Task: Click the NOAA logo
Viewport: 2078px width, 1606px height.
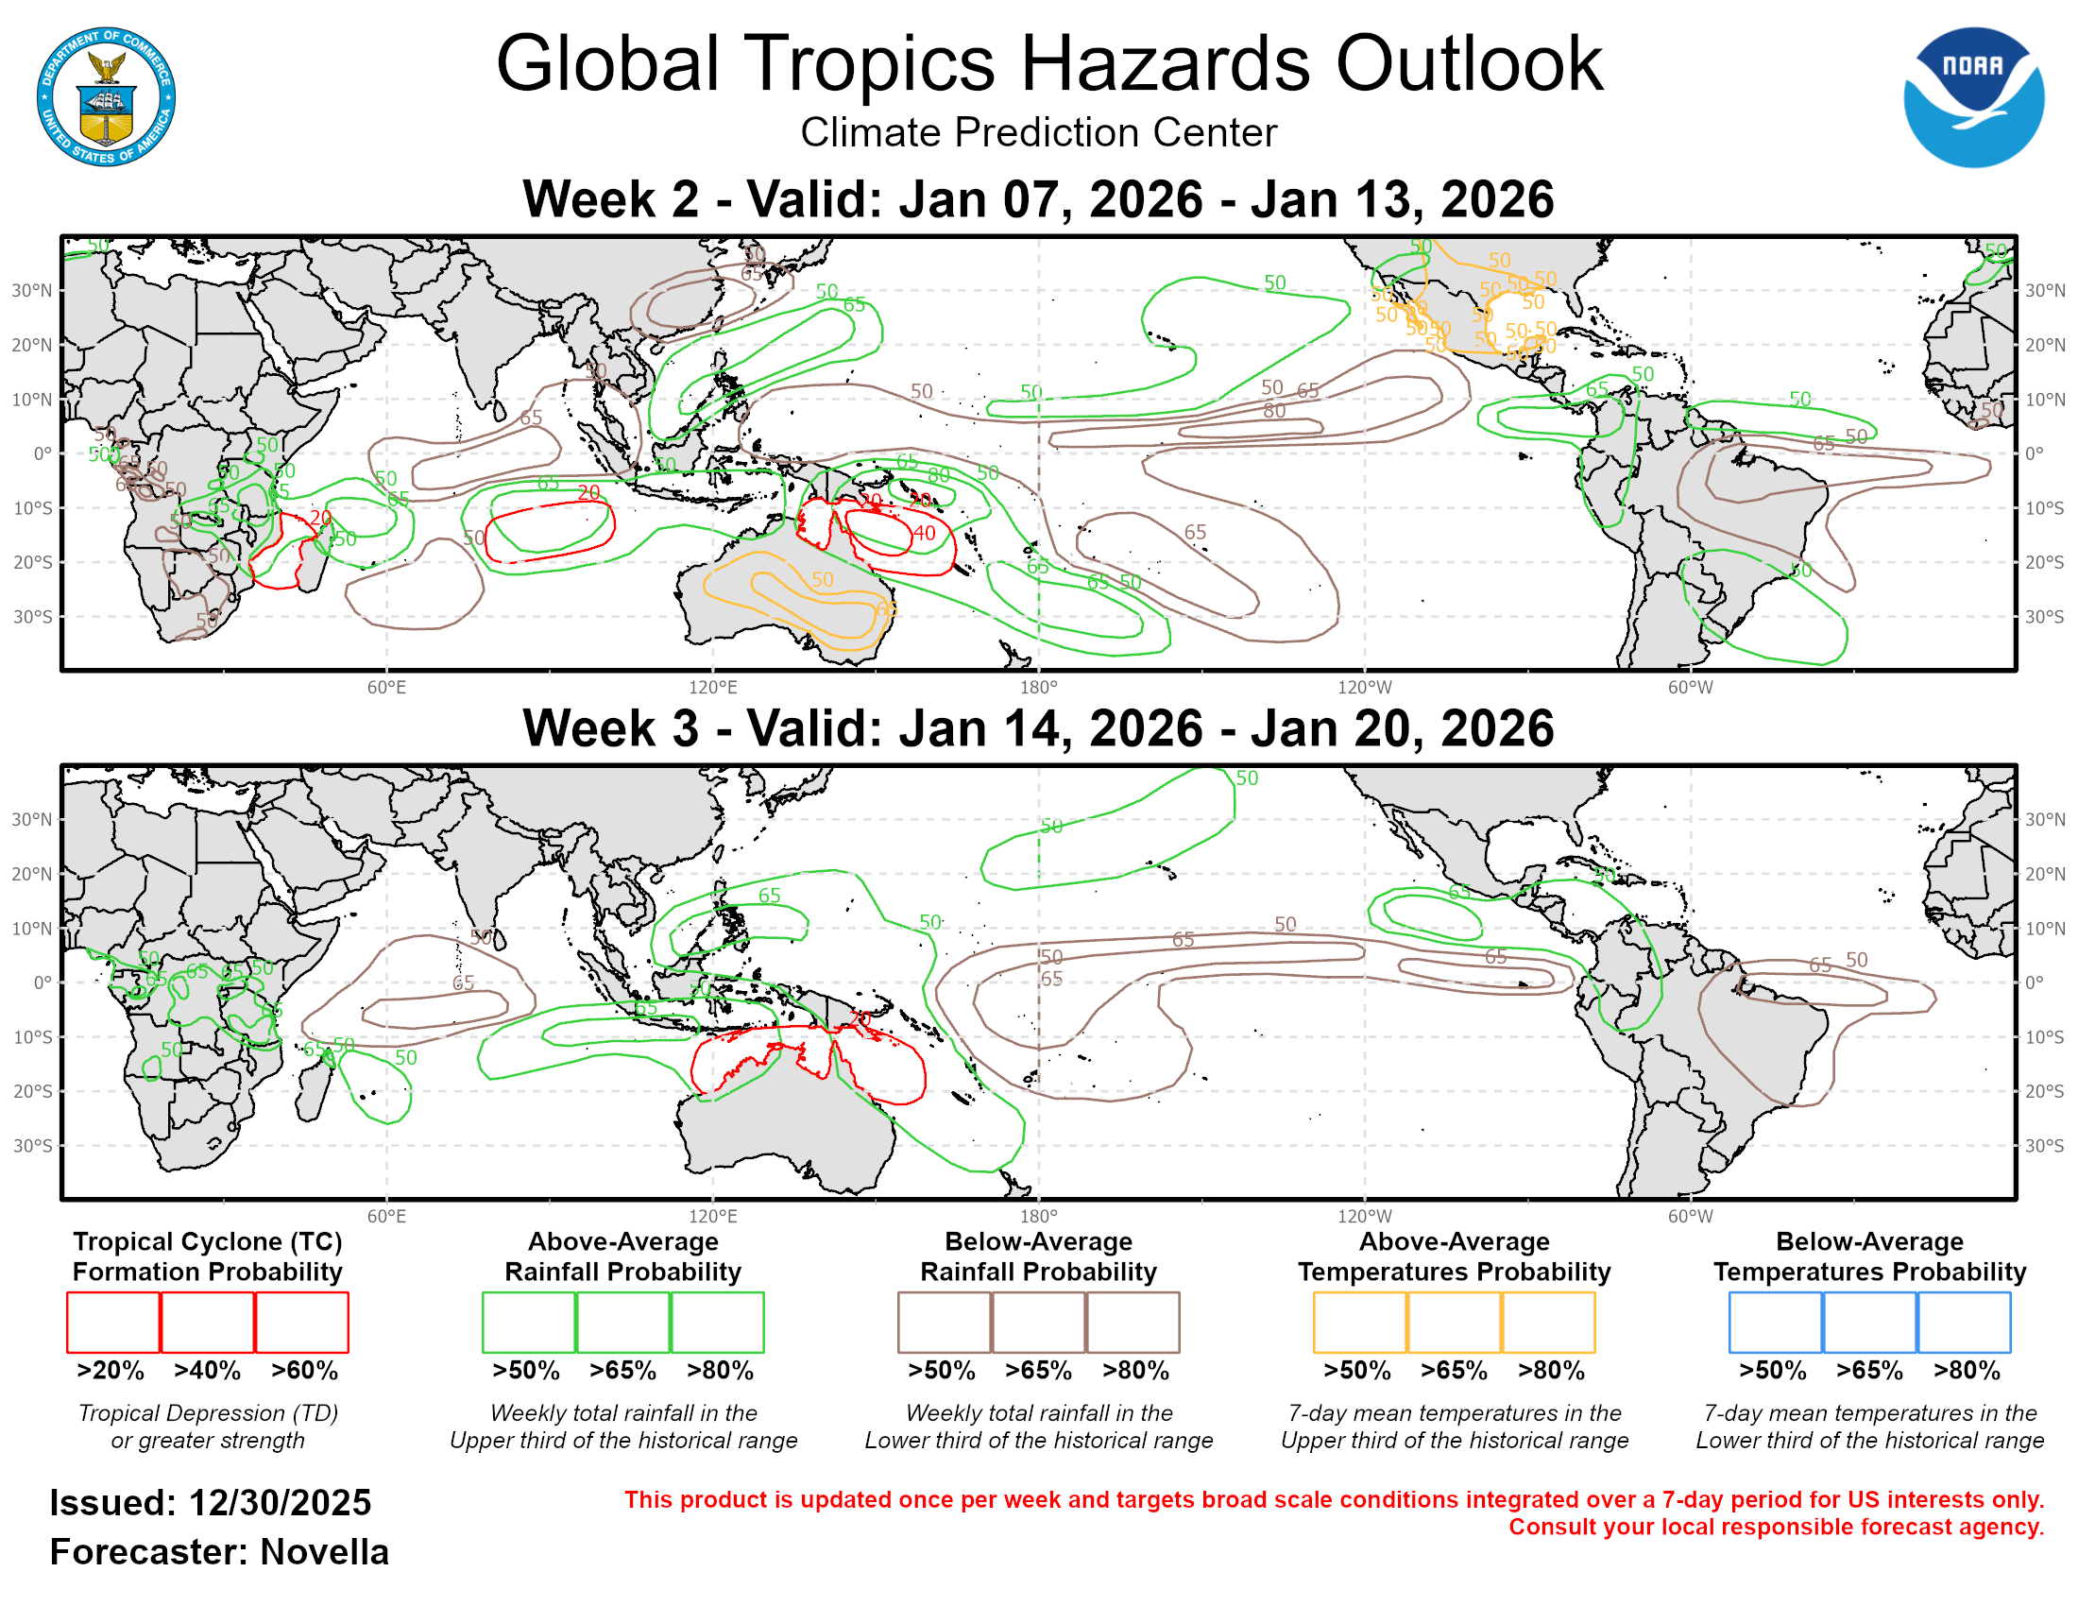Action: [x=1972, y=97]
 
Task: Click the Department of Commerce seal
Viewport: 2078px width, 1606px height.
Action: [x=106, y=97]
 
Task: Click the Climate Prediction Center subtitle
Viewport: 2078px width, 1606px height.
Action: [x=1038, y=133]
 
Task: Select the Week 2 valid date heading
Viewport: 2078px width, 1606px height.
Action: [x=1038, y=199]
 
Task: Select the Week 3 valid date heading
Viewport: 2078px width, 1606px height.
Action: [x=1038, y=728]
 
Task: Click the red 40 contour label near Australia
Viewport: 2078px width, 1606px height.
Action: [x=924, y=534]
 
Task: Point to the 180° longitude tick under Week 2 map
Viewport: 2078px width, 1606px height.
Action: [x=1038, y=688]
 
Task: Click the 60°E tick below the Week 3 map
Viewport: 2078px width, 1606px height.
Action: [x=386, y=1217]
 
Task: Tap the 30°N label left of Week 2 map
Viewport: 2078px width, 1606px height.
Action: [x=31, y=290]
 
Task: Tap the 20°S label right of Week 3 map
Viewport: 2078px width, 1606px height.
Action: [x=2044, y=1091]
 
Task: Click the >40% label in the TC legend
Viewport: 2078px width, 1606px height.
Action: [x=208, y=1371]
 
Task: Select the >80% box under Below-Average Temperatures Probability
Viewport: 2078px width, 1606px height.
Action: [x=1964, y=1323]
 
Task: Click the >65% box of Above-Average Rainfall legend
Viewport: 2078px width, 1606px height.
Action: [x=622, y=1323]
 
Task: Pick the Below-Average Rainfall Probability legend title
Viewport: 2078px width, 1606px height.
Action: [x=1038, y=1256]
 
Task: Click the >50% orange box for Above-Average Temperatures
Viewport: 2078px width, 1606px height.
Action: [x=1359, y=1323]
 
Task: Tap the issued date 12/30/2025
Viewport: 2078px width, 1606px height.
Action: [x=280, y=1503]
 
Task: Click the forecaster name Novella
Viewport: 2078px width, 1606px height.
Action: [x=324, y=1553]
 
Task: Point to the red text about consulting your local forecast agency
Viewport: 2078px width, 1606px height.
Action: [x=1776, y=1528]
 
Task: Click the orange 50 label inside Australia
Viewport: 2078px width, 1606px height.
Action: [x=822, y=580]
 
